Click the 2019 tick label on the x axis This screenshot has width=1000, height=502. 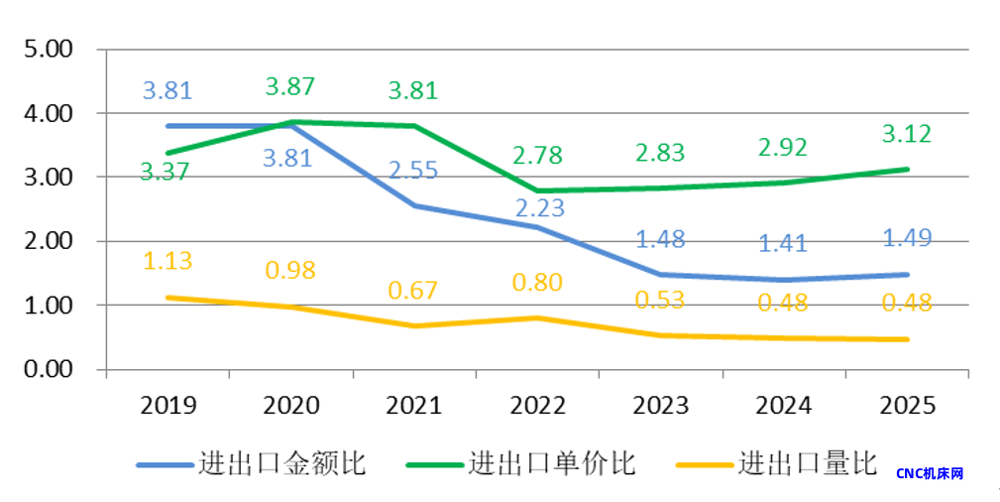(168, 405)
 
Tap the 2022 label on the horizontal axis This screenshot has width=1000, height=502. (537, 405)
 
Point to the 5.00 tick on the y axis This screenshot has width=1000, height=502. (48, 50)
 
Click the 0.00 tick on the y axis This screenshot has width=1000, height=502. (48, 369)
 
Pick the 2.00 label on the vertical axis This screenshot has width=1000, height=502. (48, 241)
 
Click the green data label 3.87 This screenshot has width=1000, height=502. (290, 86)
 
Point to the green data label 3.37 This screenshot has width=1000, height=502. (167, 172)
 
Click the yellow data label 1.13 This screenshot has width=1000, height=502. (167, 260)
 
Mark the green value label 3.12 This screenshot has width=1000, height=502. (907, 134)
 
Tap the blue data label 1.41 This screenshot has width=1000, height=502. (783, 242)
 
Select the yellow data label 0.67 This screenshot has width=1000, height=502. (413, 291)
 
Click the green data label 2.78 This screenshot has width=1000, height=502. (537, 156)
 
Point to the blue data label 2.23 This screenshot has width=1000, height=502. (538, 206)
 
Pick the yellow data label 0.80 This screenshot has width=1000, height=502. (537, 282)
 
